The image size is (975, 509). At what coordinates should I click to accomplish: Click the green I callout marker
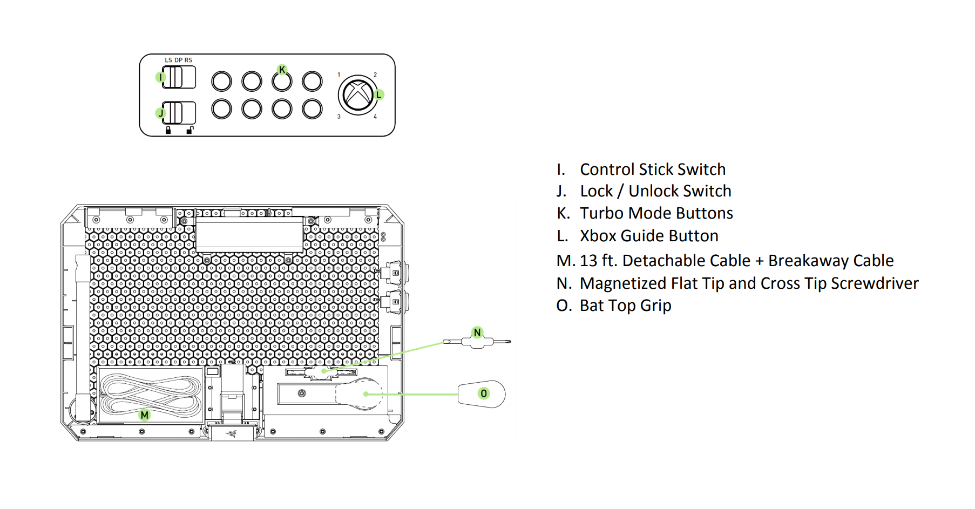click(x=160, y=77)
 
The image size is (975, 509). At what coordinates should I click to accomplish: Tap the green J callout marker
click(x=160, y=113)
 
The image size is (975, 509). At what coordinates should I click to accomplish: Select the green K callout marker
click(x=282, y=70)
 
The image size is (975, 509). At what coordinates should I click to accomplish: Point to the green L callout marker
click(x=378, y=94)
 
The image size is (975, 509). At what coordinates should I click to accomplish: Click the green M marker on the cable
click(x=144, y=415)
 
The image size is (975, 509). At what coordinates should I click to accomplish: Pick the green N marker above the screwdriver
click(x=477, y=332)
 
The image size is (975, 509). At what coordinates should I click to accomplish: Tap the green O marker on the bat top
click(x=484, y=393)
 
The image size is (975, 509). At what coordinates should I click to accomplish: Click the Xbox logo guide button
click(x=357, y=94)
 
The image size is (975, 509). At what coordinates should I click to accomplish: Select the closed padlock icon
click(x=168, y=130)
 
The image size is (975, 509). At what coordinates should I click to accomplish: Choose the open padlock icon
click(x=190, y=130)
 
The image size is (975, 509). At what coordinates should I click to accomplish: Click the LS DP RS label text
click(x=178, y=60)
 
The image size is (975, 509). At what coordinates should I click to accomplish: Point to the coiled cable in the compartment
click(x=151, y=395)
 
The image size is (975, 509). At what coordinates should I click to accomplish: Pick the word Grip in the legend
click(x=655, y=306)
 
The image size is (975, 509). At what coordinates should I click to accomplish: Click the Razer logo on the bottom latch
click(x=232, y=433)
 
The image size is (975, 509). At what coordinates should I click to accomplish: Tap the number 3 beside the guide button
click(x=339, y=117)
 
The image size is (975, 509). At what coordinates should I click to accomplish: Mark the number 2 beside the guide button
click(x=375, y=75)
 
